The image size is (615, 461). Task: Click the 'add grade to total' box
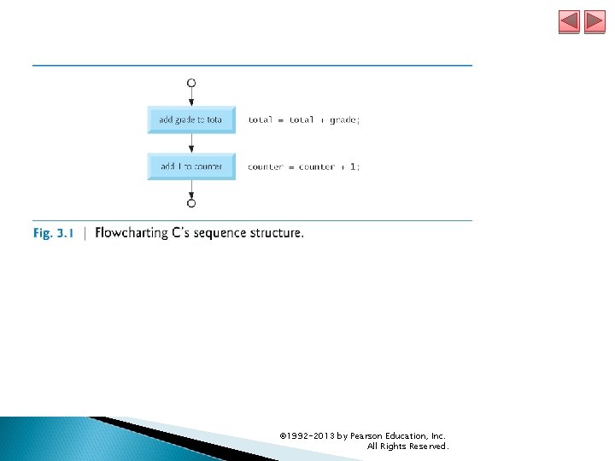click(x=190, y=120)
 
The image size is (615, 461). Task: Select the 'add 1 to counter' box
click(x=190, y=166)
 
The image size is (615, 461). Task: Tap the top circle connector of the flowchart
click(x=191, y=83)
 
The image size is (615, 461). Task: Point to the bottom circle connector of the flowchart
click(x=191, y=203)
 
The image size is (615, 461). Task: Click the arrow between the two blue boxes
click(x=191, y=143)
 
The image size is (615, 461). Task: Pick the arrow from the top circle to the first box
click(x=191, y=96)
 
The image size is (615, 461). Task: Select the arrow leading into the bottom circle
click(x=191, y=189)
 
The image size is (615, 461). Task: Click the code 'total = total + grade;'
click(x=304, y=120)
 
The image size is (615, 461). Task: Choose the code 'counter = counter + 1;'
click(x=304, y=166)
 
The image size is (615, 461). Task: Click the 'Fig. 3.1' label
click(x=54, y=233)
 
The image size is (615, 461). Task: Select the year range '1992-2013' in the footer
click(x=311, y=435)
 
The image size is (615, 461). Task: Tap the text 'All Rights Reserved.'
click(x=407, y=446)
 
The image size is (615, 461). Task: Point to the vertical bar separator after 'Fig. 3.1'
click(x=85, y=233)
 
